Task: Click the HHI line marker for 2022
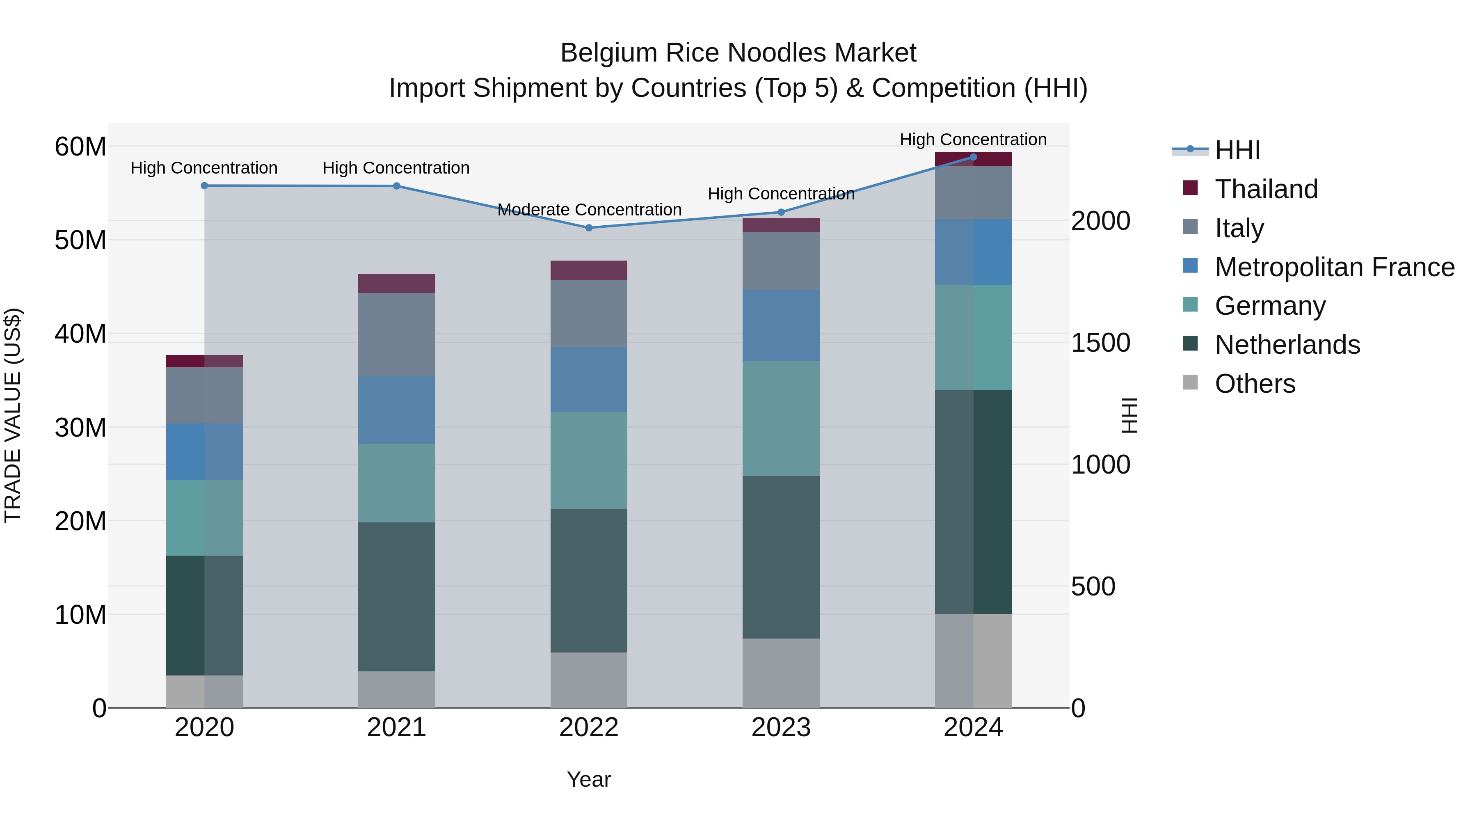click(589, 228)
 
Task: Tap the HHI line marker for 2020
click(205, 186)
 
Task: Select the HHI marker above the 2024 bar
click(973, 157)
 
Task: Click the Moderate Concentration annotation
click(590, 210)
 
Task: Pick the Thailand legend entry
click(1266, 189)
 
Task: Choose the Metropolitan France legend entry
click(1334, 267)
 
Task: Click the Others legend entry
click(1255, 384)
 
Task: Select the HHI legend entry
click(1237, 150)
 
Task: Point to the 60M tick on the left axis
click(80, 147)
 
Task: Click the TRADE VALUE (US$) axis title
click(13, 415)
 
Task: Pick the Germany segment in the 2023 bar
click(781, 418)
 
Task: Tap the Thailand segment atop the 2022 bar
click(589, 270)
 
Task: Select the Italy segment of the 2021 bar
click(397, 334)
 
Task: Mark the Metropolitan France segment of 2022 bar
click(589, 379)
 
